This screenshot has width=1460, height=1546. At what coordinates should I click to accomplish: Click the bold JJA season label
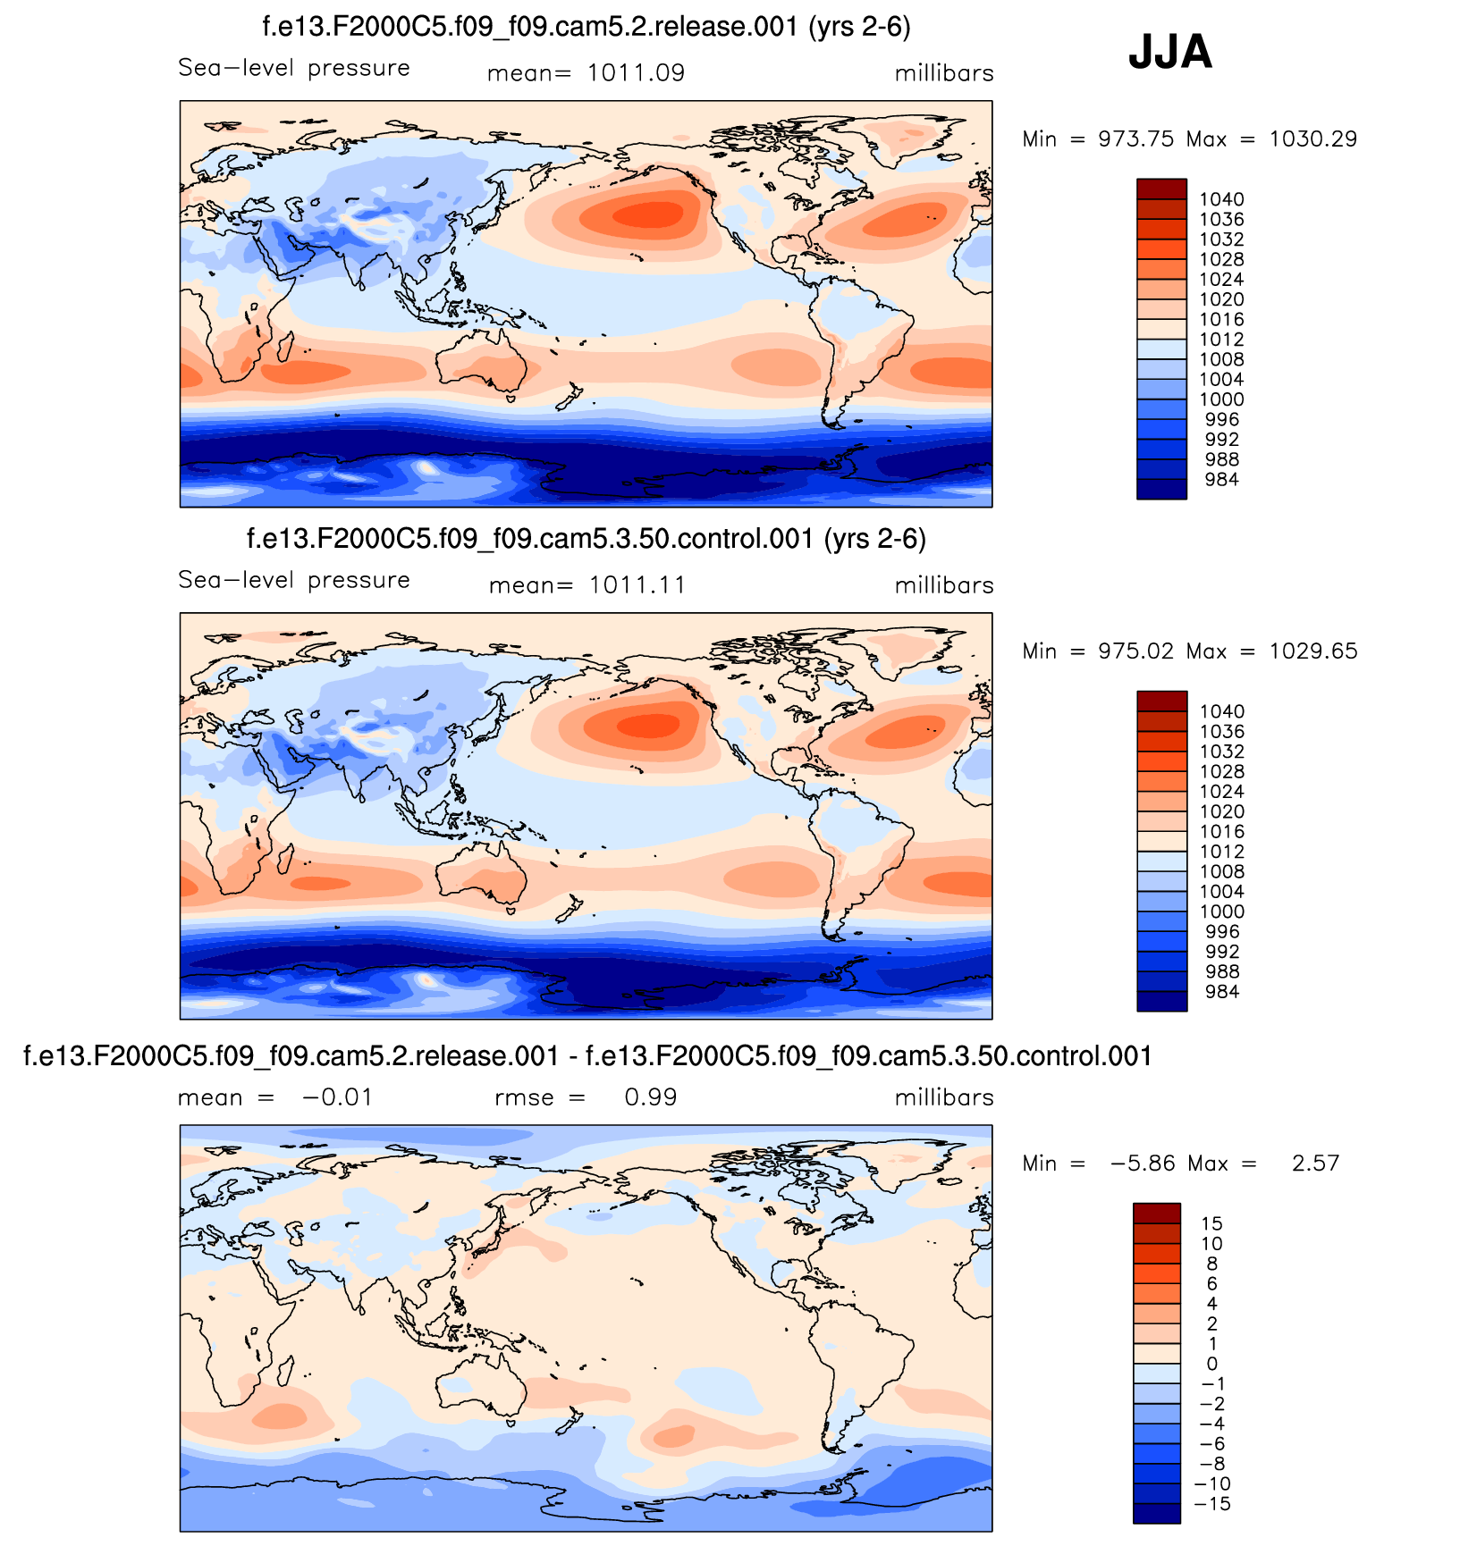pyautogui.click(x=1169, y=52)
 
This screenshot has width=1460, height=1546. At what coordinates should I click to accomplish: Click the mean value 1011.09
pyautogui.click(x=636, y=73)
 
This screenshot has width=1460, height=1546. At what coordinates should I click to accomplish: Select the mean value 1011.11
pyautogui.click(x=637, y=585)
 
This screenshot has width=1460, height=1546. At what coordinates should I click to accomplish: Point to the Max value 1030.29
pyautogui.click(x=1312, y=139)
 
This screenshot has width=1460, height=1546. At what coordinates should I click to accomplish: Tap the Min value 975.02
pyautogui.click(x=1135, y=651)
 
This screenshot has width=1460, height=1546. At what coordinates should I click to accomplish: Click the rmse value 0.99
pyautogui.click(x=650, y=1097)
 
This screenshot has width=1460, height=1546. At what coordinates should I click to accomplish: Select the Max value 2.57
pyautogui.click(x=1315, y=1164)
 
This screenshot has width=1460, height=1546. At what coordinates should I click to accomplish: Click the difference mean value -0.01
pyautogui.click(x=337, y=1097)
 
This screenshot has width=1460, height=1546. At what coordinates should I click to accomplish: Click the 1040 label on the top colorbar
pyautogui.click(x=1221, y=199)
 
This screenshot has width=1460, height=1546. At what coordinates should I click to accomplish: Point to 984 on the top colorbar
pyautogui.click(x=1221, y=480)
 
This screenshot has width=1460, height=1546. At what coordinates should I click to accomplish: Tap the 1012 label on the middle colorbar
pyautogui.click(x=1221, y=852)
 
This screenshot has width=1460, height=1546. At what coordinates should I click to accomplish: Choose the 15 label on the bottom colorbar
pyautogui.click(x=1211, y=1223)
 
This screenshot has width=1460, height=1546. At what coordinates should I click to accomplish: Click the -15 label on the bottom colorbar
pyautogui.click(x=1211, y=1504)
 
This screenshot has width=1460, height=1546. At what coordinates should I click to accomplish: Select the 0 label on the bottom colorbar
pyautogui.click(x=1211, y=1364)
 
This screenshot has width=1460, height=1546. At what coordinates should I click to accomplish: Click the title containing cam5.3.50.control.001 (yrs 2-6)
pyautogui.click(x=586, y=539)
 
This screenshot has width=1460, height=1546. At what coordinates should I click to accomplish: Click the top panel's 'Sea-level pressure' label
pyautogui.click(x=294, y=68)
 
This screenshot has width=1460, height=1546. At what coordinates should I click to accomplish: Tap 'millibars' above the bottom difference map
pyautogui.click(x=944, y=1097)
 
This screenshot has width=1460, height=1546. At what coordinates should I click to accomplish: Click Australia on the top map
pyautogui.click(x=481, y=361)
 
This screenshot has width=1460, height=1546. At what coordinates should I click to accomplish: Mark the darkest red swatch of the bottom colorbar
pyautogui.click(x=1157, y=1213)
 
